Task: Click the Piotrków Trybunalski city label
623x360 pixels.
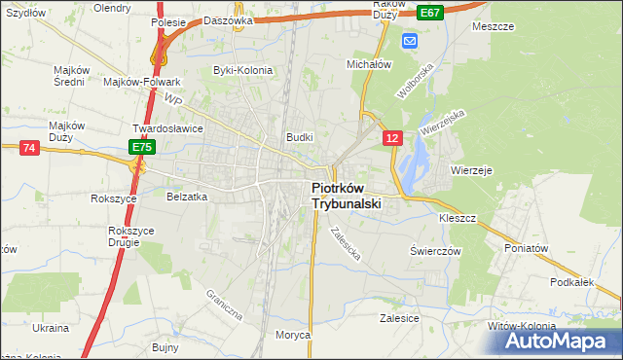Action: tap(347, 197)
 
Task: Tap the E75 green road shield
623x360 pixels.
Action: tap(142, 147)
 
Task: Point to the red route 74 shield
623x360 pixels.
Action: tap(29, 147)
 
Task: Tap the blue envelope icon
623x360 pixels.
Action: tap(409, 40)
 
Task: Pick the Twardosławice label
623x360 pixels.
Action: tap(167, 127)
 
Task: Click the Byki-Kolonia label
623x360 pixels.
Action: tap(242, 70)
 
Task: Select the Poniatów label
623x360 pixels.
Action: tap(528, 248)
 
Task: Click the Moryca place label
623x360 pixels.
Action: tap(292, 335)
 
